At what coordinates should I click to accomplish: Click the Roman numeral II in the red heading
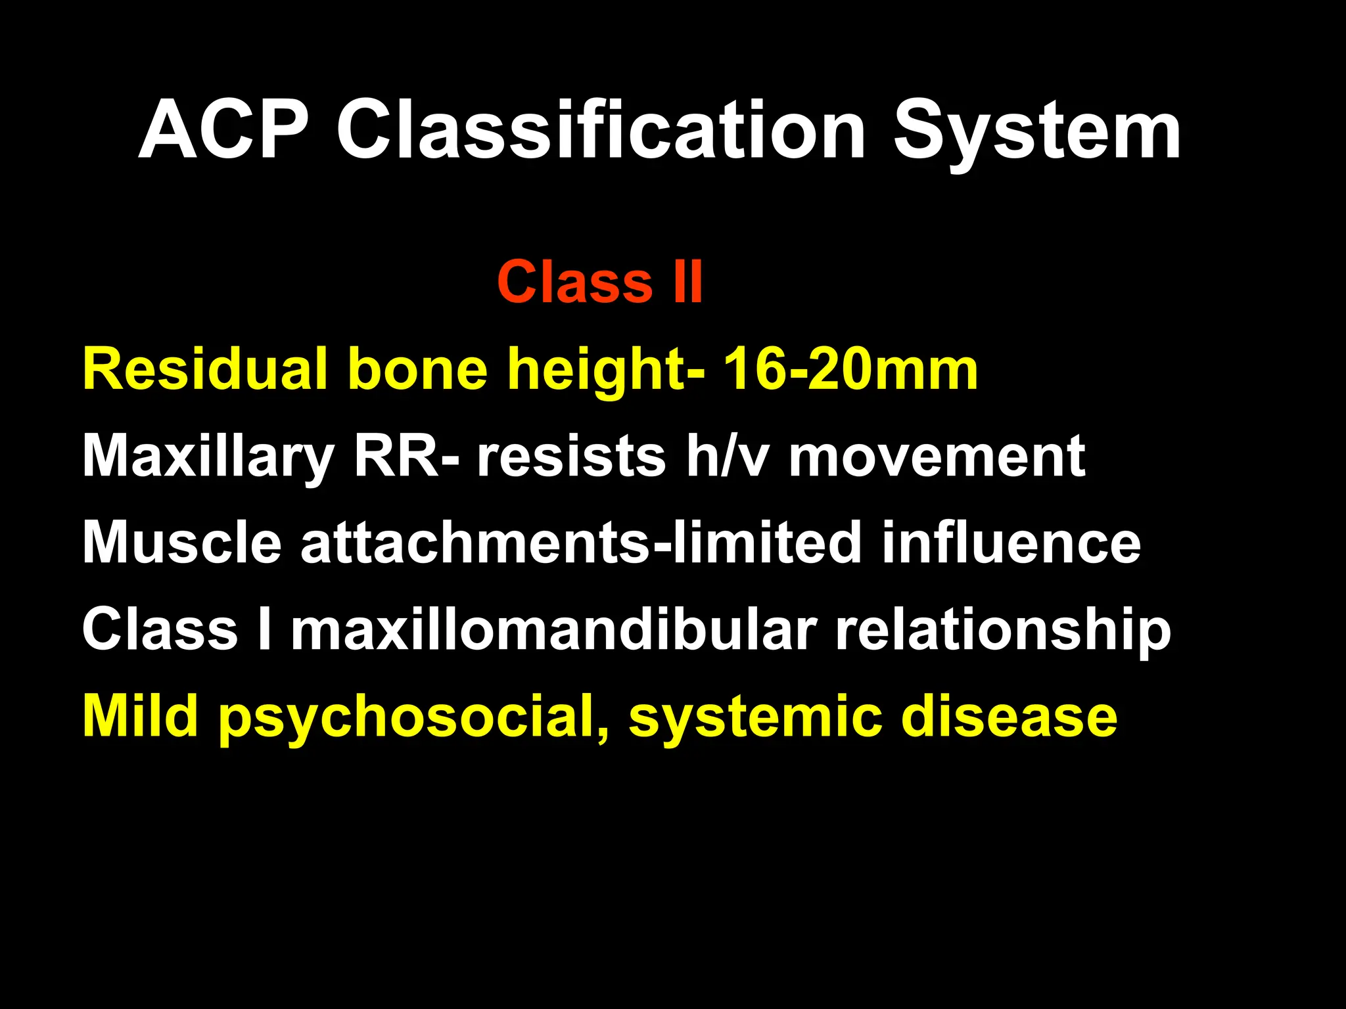click(x=687, y=282)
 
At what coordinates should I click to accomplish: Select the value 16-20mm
click(x=850, y=369)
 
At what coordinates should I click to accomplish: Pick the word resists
click(x=571, y=457)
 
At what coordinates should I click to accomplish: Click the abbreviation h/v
click(x=726, y=456)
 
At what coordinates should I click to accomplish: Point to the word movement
click(x=937, y=457)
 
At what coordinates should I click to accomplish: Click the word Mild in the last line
click(x=141, y=716)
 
